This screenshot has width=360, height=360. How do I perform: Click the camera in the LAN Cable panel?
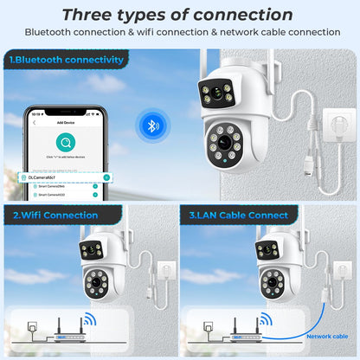coord(272,268)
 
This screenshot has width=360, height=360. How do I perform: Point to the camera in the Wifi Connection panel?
coord(93,268)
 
